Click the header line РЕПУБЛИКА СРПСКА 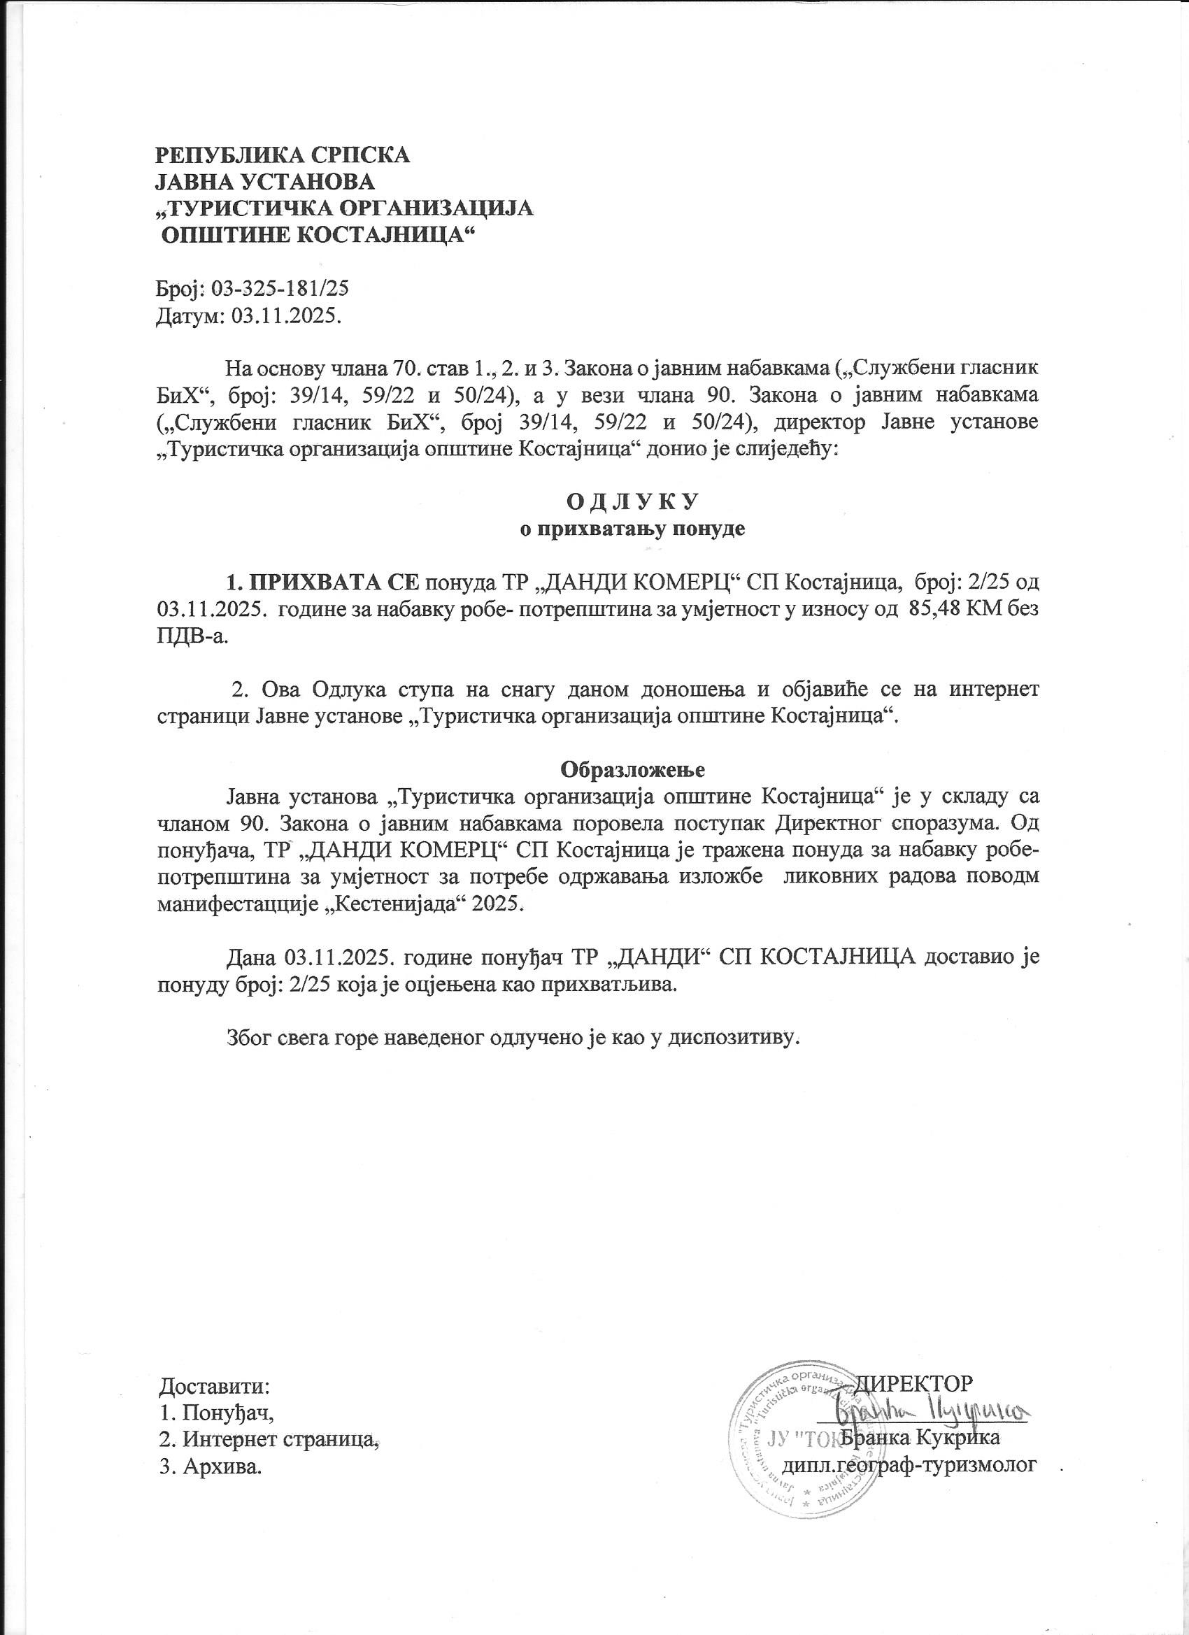283,155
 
